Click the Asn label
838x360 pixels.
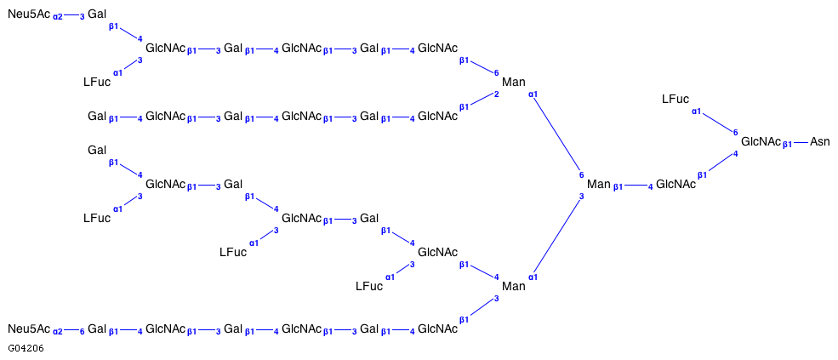[x=819, y=141]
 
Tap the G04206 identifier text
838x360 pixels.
[x=26, y=348]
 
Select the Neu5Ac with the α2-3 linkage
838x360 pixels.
[x=29, y=14]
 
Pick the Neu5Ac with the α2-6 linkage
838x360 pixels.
[x=29, y=329]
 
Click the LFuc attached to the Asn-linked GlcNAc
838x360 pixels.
[x=676, y=99]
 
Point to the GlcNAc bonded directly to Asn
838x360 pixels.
[x=761, y=141]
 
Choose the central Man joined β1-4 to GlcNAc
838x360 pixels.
[x=599, y=184]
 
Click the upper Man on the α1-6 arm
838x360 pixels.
[x=514, y=82]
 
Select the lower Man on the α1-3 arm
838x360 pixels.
[x=514, y=286]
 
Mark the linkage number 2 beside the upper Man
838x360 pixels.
[x=496, y=94]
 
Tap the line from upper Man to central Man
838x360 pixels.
[x=557, y=132]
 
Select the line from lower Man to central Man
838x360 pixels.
[x=557, y=237]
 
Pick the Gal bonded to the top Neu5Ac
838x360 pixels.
[x=97, y=14]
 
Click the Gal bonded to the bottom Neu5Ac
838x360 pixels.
[x=97, y=329]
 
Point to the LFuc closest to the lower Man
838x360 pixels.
[x=369, y=286]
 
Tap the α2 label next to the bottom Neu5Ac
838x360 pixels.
[x=58, y=330]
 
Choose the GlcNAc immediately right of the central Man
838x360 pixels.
[x=676, y=184]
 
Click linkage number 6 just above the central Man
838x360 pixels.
[x=582, y=174]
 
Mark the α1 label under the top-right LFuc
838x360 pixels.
[x=696, y=111]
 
